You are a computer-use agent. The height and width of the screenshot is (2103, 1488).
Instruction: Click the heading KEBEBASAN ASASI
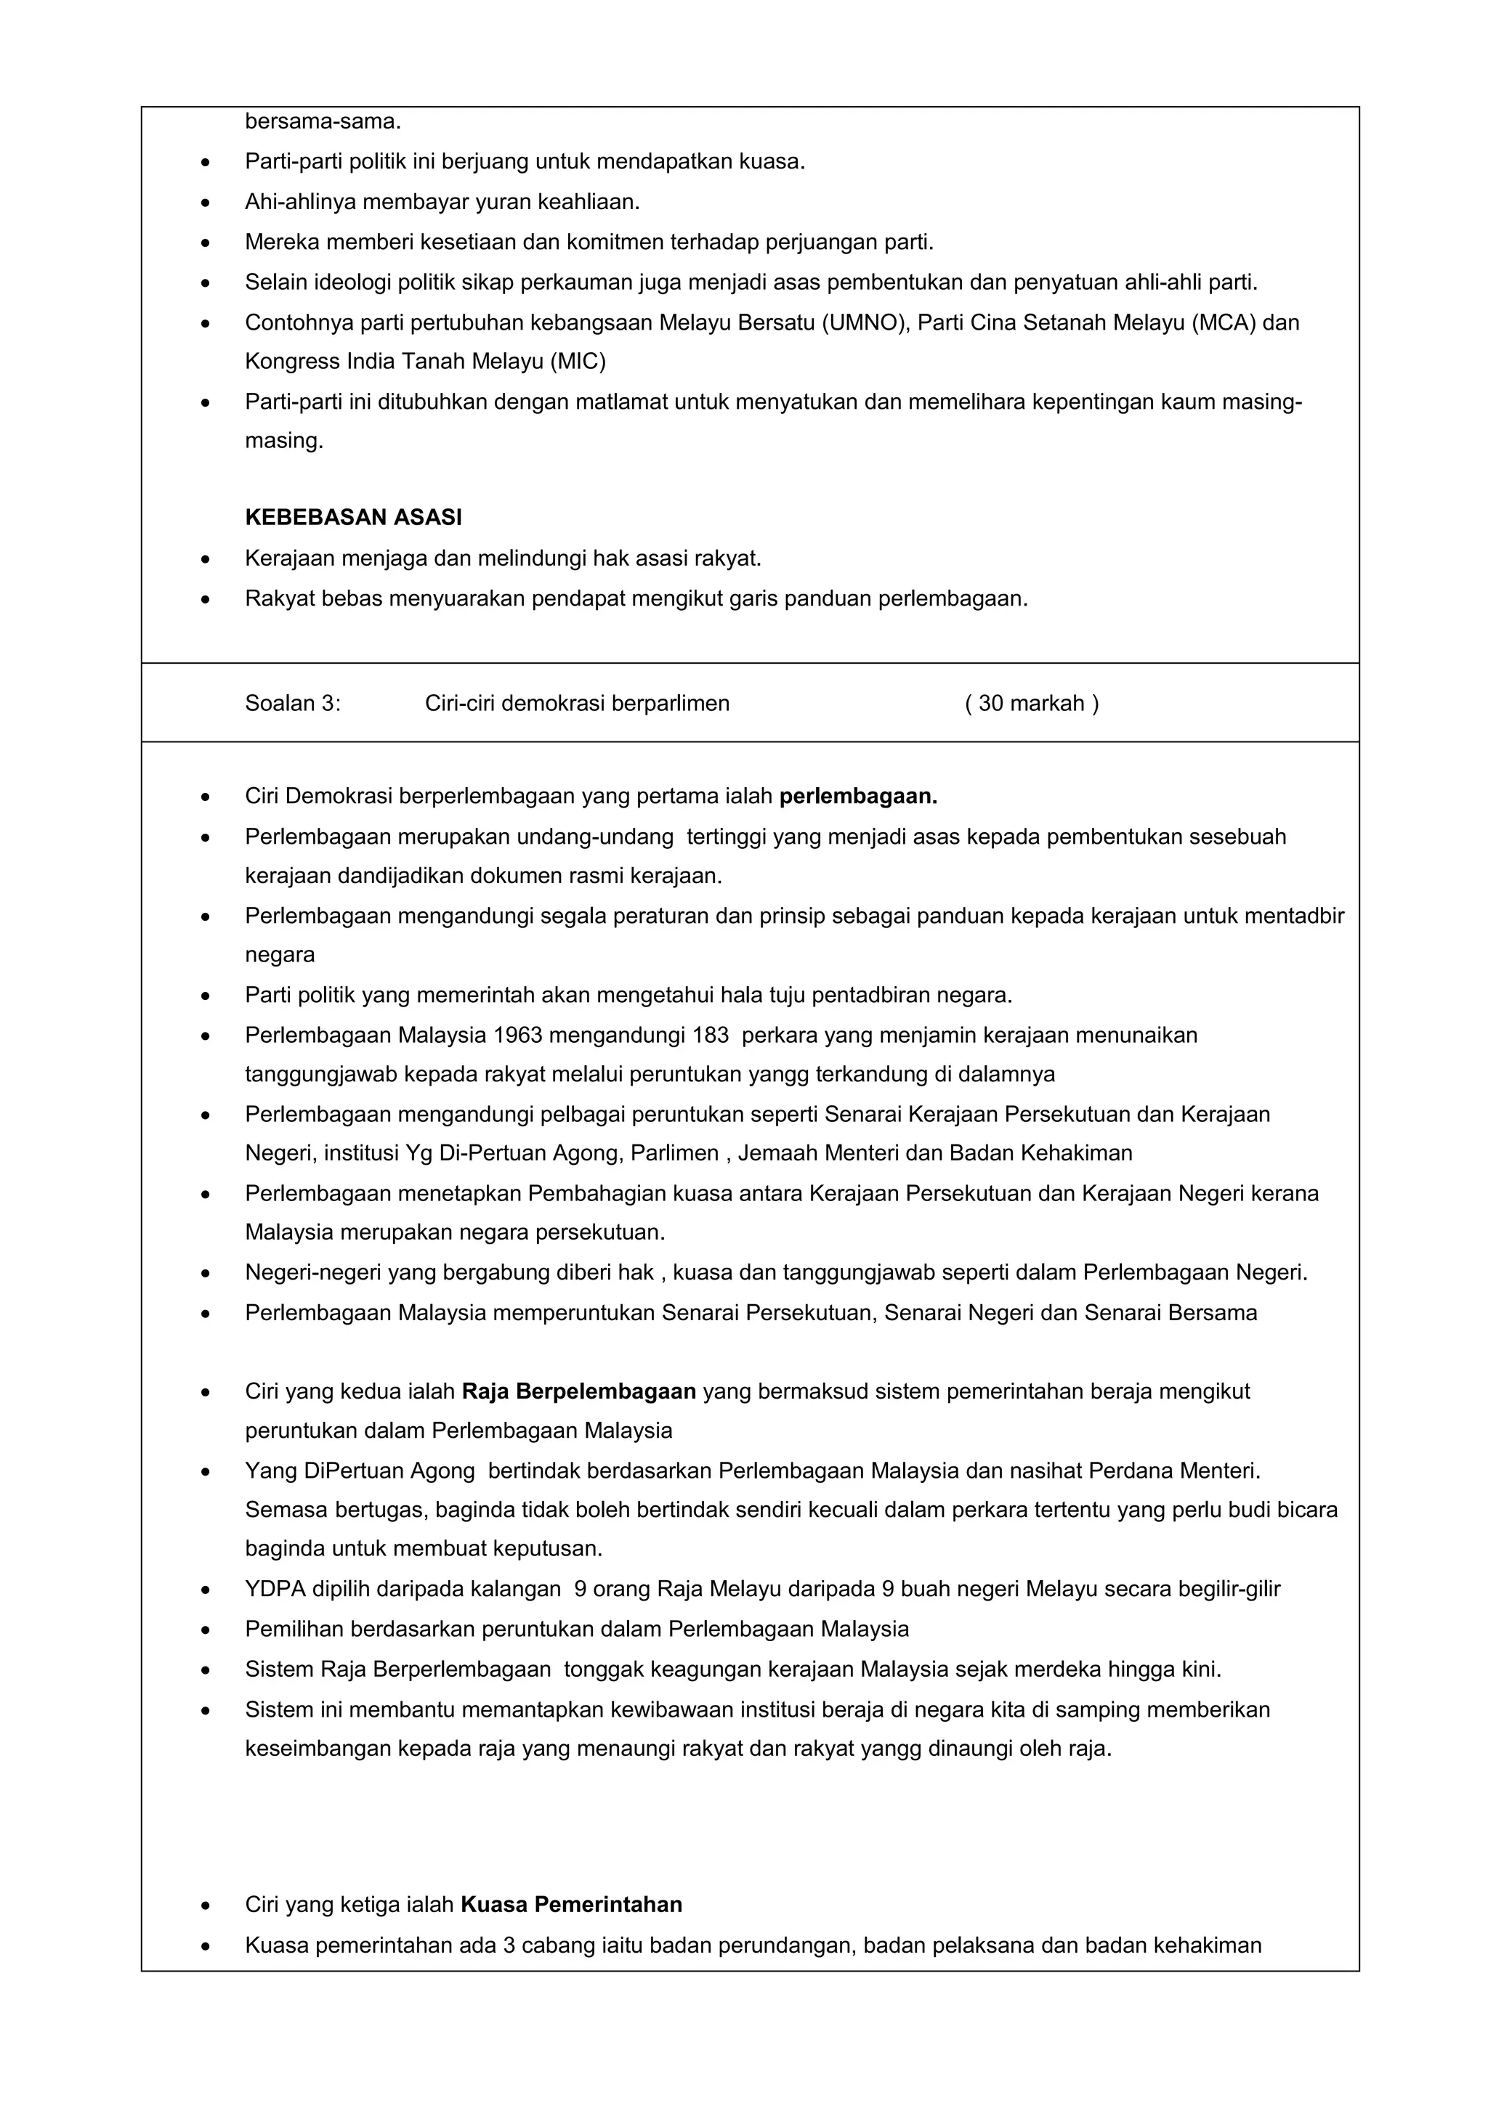pyautogui.click(x=353, y=518)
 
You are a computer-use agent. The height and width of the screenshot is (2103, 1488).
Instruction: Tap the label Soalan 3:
pyautogui.click(x=292, y=704)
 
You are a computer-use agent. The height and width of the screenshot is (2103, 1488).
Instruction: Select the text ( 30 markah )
pyautogui.click(x=1032, y=704)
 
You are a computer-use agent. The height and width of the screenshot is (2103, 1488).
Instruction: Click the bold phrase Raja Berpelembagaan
pyautogui.click(x=579, y=1391)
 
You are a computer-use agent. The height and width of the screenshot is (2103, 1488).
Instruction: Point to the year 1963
pyautogui.click(x=518, y=1035)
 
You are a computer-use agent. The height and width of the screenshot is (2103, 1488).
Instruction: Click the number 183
pyautogui.click(x=711, y=1035)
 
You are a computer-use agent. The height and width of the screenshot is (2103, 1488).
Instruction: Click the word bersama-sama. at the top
pyautogui.click(x=323, y=121)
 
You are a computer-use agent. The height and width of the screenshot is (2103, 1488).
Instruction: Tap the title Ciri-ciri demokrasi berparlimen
pyautogui.click(x=577, y=704)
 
